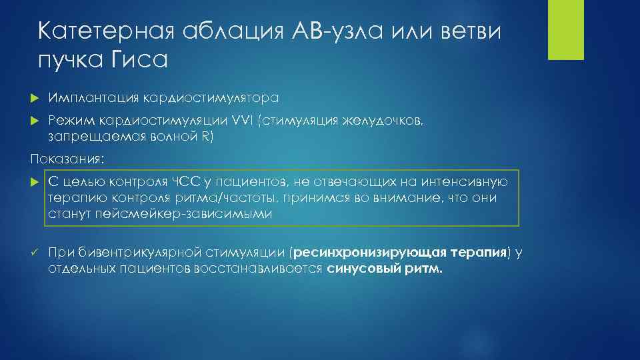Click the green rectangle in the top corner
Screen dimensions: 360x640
[x=565, y=30]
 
